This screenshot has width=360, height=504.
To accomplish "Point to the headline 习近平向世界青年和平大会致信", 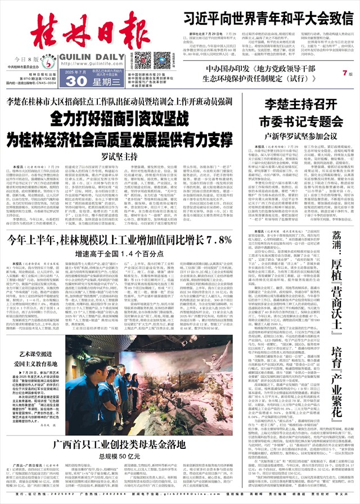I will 264,16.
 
